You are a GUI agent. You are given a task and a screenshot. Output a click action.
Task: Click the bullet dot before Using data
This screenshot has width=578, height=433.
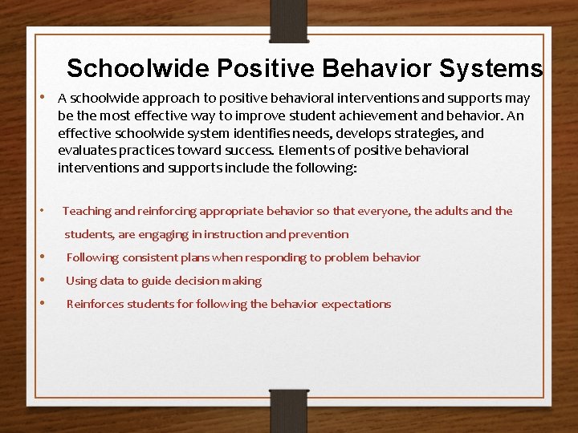(x=42, y=281)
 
